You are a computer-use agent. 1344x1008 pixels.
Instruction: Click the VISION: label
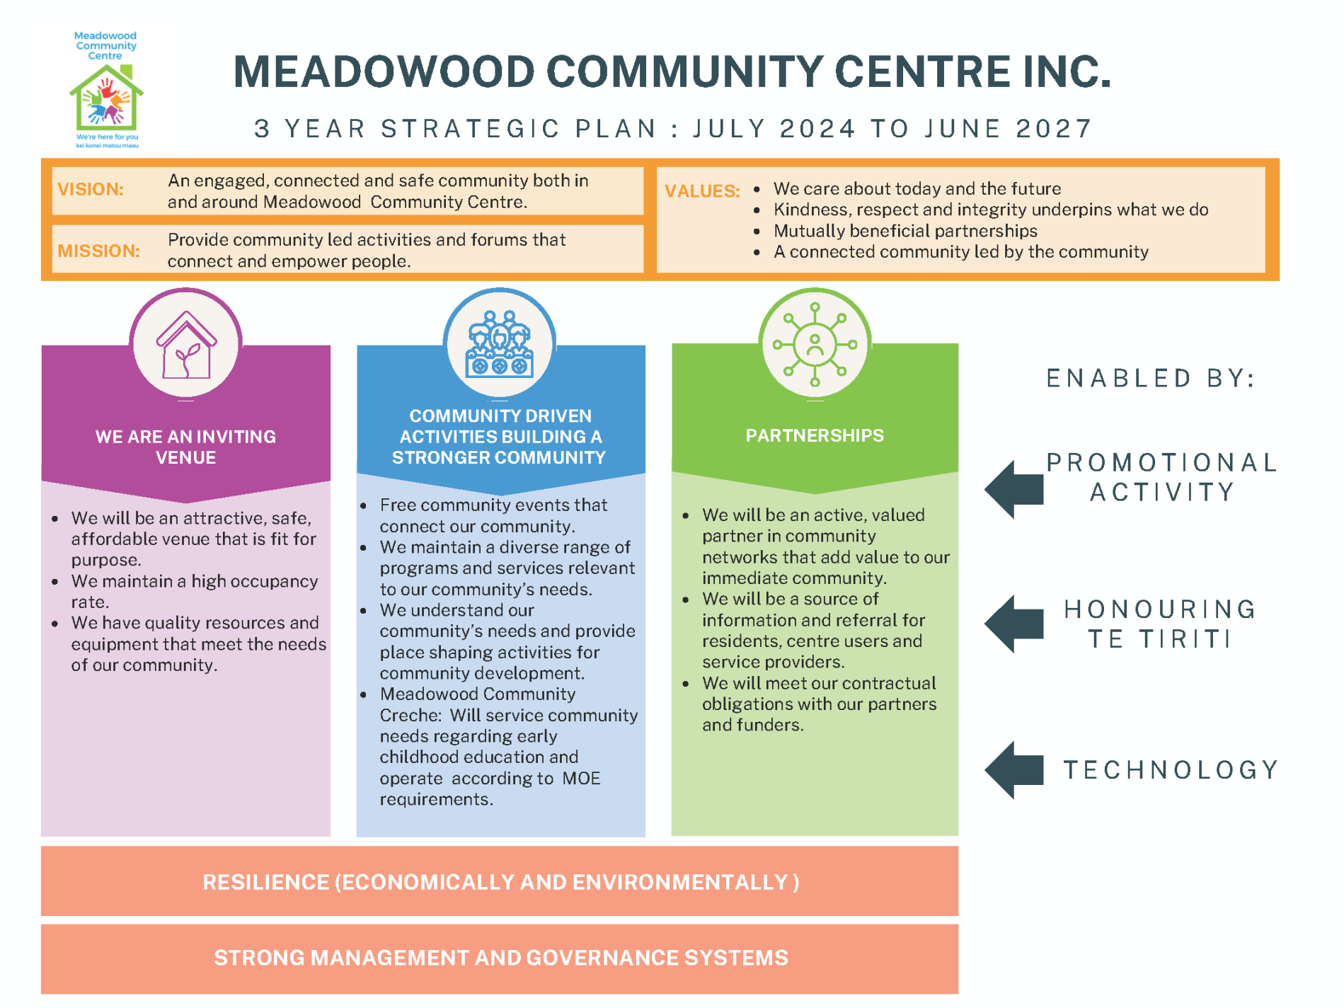91,190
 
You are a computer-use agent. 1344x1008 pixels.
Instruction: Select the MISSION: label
98,251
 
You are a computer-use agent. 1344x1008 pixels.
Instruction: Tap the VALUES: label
701,191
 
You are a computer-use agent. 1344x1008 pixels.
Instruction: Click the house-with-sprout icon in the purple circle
185,345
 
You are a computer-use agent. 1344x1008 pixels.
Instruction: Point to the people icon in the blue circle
499,343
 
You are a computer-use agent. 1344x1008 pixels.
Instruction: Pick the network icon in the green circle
815,345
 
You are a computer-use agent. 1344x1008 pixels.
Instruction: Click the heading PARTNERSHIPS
815,435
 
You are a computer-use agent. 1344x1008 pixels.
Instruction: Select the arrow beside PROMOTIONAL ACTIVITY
1014,489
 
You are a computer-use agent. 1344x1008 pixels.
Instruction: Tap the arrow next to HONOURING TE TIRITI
1014,624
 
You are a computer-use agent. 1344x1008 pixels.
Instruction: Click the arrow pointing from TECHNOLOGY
1014,770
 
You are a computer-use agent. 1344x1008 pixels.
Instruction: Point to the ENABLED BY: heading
1151,379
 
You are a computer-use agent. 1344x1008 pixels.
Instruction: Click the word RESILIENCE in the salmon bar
265,883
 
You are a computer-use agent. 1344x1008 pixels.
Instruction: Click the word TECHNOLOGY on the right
1171,770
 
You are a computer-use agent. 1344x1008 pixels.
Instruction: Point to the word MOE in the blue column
581,779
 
